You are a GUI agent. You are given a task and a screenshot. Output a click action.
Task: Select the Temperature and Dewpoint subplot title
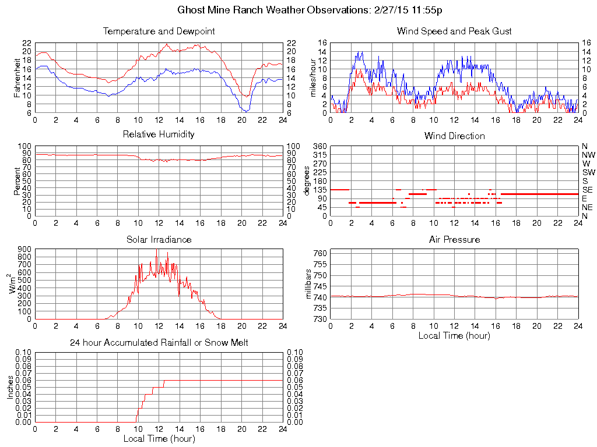point(159,31)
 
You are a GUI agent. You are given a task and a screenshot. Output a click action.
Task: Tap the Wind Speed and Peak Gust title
point(454,31)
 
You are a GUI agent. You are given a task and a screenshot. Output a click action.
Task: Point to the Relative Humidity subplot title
point(159,134)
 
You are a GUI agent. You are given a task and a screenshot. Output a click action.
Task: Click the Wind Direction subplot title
point(454,136)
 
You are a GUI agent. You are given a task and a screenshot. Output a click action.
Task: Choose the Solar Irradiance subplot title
point(159,240)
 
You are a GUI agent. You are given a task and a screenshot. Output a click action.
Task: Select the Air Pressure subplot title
point(454,240)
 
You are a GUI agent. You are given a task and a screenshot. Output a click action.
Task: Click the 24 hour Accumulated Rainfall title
point(159,343)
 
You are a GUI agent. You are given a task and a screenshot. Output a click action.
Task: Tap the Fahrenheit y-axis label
point(18,78)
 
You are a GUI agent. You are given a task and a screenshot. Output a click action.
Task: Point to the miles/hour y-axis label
point(313,78)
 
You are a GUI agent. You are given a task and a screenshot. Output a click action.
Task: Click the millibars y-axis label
point(310,285)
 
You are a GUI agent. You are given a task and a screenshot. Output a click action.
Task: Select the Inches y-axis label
point(10,387)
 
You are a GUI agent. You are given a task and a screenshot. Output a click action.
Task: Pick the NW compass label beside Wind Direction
point(588,155)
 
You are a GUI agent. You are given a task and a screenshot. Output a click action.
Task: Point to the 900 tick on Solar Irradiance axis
point(24,249)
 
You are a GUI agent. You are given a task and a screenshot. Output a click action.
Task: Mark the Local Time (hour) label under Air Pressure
point(454,335)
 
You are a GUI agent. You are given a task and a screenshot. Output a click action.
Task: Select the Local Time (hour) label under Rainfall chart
point(159,438)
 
